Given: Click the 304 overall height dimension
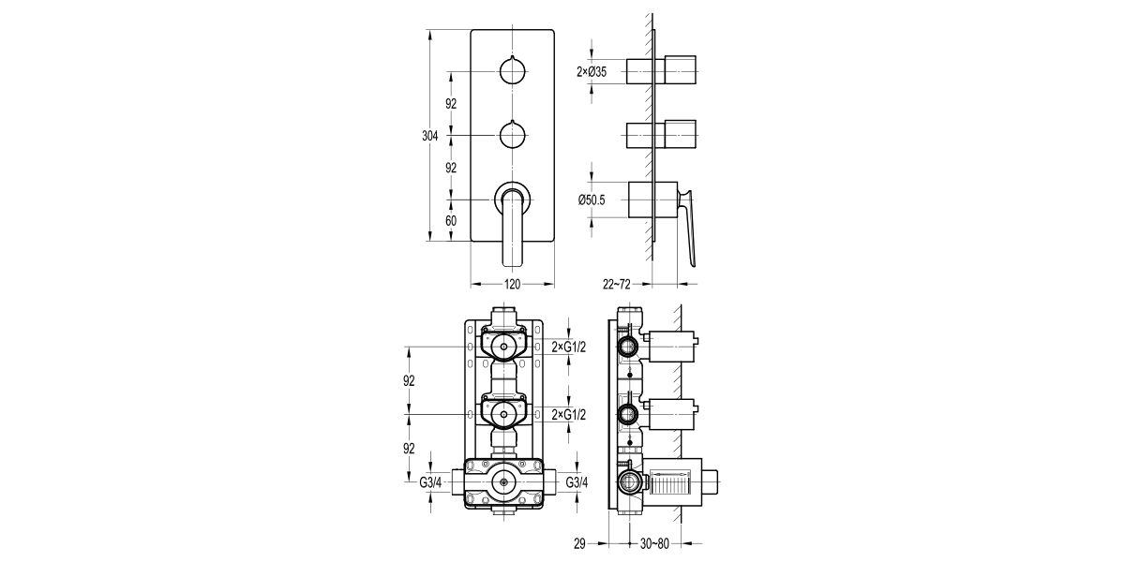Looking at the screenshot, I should pos(429,136).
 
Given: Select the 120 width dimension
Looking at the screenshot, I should pos(512,284).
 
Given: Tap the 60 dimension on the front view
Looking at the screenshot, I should pos(451,220).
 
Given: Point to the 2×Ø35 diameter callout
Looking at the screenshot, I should pos(592,70).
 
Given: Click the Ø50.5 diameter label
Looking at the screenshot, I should pos(592,200).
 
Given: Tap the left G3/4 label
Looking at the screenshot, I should pos(430,482).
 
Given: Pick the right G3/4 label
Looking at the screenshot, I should pos(577,482).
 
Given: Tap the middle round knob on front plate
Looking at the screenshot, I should pos(512,135).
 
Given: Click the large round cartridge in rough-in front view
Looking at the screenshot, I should pos(504,482).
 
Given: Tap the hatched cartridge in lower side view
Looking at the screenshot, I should pos(672,482).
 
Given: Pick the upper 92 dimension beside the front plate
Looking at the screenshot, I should pos(451,103).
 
